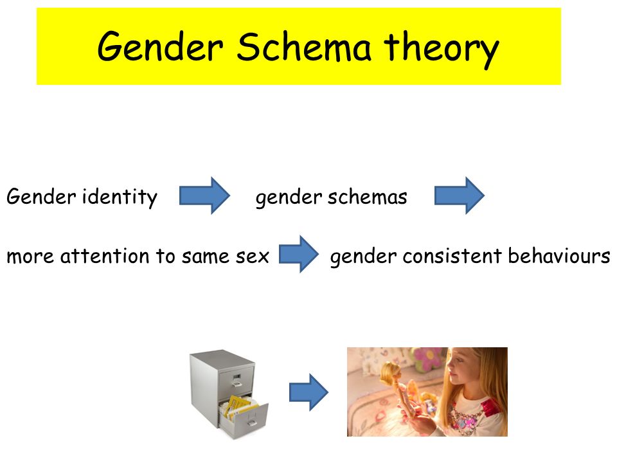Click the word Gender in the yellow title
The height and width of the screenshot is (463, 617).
coord(161,47)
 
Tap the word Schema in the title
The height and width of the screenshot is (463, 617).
coord(304,47)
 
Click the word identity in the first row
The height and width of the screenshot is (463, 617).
coord(120,197)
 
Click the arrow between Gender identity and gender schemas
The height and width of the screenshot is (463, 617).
coord(204,195)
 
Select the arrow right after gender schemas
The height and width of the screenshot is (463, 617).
coord(460,195)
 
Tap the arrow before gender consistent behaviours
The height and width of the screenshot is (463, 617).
coord(299,254)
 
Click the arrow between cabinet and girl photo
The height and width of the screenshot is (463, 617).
coord(309,392)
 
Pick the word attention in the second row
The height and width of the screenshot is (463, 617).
coord(105,256)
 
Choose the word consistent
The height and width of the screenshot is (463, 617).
coord(452,256)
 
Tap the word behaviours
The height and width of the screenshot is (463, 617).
coord(559,255)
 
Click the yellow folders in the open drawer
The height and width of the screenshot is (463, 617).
coord(238,406)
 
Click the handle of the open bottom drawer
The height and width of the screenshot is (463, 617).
coord(252,423)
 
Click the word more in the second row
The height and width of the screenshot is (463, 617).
coord(30,257)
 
